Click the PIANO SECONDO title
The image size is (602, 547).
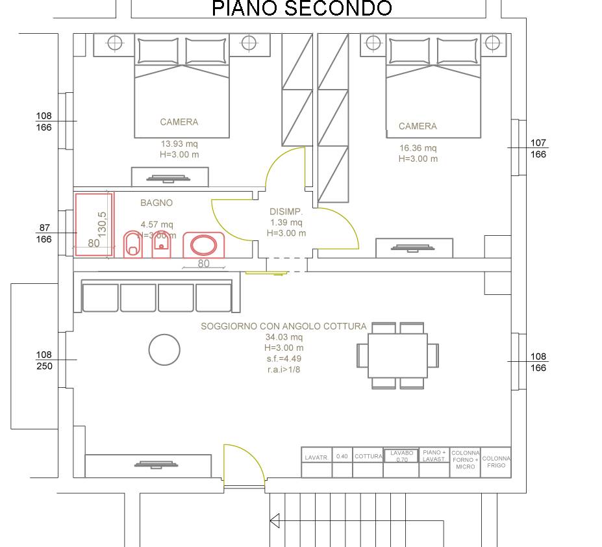point(302,8)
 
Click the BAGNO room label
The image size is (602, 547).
point(157,203)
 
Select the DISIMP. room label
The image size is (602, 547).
point(286,212)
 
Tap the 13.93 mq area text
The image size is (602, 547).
point(180,144)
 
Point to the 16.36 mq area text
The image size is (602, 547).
point(418,148)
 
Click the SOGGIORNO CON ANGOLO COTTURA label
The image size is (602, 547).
point(283,326)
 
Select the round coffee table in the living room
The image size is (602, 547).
point(164,350)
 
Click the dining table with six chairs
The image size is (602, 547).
point(397,355)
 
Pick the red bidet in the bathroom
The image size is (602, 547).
point(161,245)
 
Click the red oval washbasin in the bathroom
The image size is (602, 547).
point(203,246)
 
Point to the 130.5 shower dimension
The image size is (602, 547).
point(102,224)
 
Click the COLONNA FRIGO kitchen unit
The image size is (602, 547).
point(496,462)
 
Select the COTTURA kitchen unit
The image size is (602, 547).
point(368,457)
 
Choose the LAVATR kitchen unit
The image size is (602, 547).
point(316,457)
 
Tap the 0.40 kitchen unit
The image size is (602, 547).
point(342,457)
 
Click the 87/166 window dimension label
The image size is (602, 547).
point(44,233)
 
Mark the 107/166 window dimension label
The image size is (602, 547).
point(538,149)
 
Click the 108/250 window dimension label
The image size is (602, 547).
point(44,361)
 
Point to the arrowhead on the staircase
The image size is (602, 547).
point(275,520)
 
